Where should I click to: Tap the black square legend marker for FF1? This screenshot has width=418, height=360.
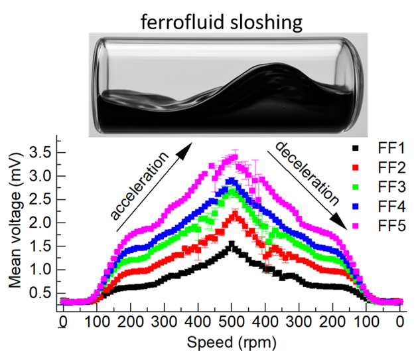(x=356, y=147)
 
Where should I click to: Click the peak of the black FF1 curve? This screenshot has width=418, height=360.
(x=231, y=244)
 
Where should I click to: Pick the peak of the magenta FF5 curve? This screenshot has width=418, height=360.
(x=233, y=157)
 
